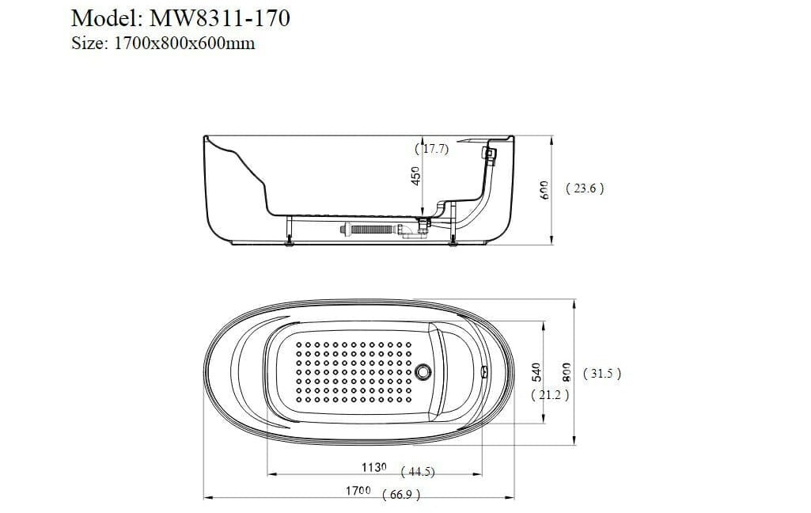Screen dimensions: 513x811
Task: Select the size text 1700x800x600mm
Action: pyautogui.click(x=184, y=44)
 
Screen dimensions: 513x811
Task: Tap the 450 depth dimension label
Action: pyautogui.click(x=416, y=176)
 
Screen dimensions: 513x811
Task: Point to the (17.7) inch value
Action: pyautogui.click(x=432, y=149)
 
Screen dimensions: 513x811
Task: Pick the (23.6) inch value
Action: pyautogui.click(x=586, y=188)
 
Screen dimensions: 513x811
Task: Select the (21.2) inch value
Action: pyautogui.click(x=550, y=394)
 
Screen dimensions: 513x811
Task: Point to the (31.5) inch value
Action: pyautogui.click(x=601, y=374)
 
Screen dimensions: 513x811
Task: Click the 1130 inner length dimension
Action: pyautogui.click(x=374, y=468)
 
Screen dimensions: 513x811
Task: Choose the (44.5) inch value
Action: pyautogui.click(x=418, y=472)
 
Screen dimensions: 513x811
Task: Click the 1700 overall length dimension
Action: pyautogui.click(x=358, y=491)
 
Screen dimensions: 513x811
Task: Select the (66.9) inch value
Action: pyautogui.click(x=400, y=495)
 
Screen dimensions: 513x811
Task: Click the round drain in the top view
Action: pyautogui.click(x=425, y=370)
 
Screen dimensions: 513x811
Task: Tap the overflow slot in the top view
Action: pyautogui.click(x=483, y=370)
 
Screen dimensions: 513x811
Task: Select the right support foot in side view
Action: pyautogui.click(x=453, y=241)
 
